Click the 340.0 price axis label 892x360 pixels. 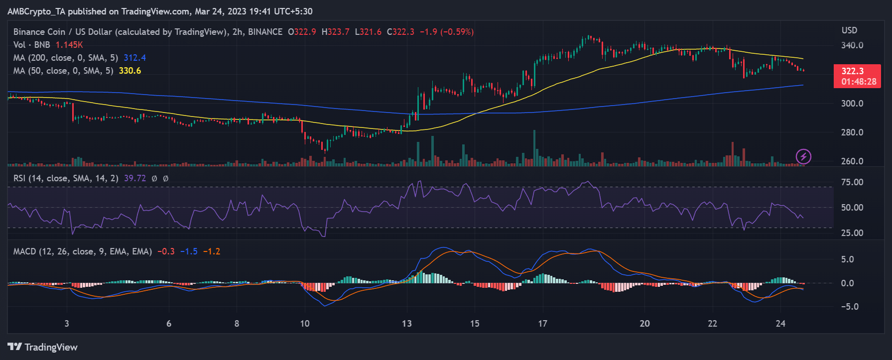(x=852, y=45)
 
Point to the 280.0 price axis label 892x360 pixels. (x=852, y=132)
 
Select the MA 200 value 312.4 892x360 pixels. (x=135, y=58)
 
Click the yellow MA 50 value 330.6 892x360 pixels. (x=130, y=71)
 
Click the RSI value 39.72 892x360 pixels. (x=135, y=178)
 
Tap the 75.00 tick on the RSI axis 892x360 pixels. (x=852, y=182)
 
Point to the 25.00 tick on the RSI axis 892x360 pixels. (x=852, y=233)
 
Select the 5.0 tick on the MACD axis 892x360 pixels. (x=847, y=259)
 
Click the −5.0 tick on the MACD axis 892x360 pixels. (x=849, y=307)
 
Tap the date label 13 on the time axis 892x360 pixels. (x=407, y=324)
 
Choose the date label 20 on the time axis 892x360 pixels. (x=644, y=324)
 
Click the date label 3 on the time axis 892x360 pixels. (x=67, y=324)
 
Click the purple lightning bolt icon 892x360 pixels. (x=803, y=157)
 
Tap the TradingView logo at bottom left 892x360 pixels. (x=43, y=347)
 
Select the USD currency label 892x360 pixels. (x=849, y=30)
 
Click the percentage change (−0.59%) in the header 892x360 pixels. (x=457, y=32)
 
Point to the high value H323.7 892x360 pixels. (x=336, y=32)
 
